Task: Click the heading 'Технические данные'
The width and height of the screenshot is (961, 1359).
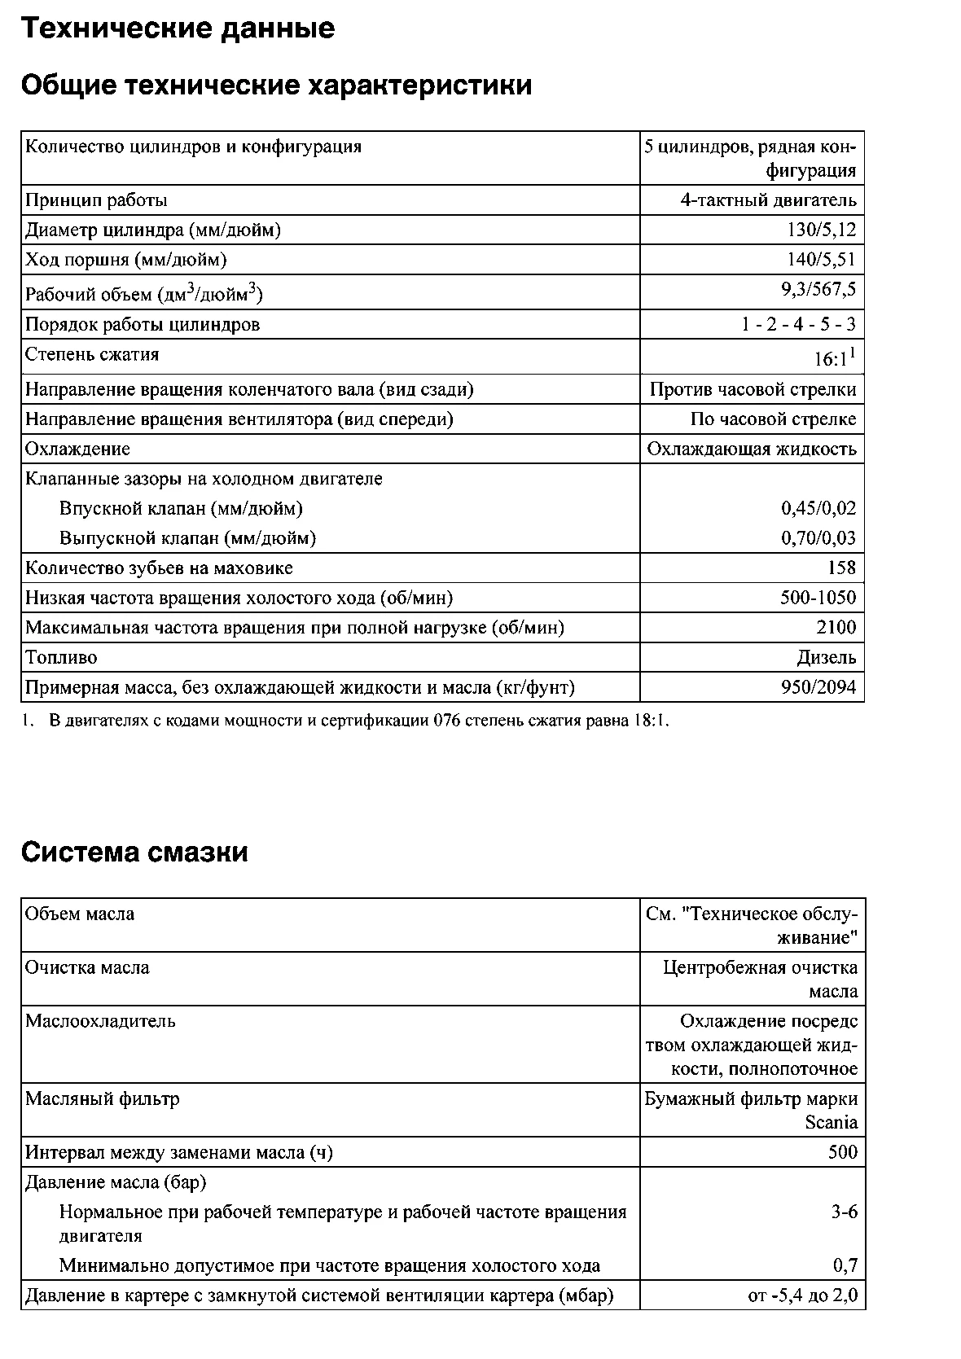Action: pyautogui.click(x=178, y=29)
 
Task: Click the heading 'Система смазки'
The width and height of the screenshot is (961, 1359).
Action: pyautogui.click(x=134, y=853)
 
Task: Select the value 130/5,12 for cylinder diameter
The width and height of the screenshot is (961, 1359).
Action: pyautogui.click(x=822, y=230)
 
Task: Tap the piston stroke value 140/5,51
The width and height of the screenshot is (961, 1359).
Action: pyautogui.click(x=822, y=260)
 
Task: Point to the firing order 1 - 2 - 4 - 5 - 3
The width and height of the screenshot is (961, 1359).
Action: pyautogui.click(x=798, y=324)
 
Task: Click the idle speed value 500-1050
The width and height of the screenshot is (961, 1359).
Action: pyautogui.click(x=818, y=598)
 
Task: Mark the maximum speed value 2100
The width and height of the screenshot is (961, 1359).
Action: pyautogui.click(x=836, y=627)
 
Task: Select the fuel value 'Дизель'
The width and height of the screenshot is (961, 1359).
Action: pyautogui.click(x=827, y=657)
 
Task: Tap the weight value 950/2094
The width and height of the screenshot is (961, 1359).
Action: pyautogui.click(x=818, y=687)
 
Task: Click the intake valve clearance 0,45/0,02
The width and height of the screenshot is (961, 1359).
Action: pyautogui.click(x=818, y=508)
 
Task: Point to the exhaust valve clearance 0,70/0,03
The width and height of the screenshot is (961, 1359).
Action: pyautogui.click(x=818, y=537)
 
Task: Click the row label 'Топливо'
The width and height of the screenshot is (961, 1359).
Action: pyautogui.click(x=61, y=657)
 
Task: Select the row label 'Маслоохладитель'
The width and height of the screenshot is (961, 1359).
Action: pyautogui.click(x=100, y=1021)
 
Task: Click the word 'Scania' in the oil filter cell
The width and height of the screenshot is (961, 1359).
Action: pyautogui.click(x=832, y=1122)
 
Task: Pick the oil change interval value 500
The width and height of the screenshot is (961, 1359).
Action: pyautogui.click(x=843, y=1152)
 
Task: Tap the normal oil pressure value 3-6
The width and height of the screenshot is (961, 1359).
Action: pyautogui.click(x=845, y=1212)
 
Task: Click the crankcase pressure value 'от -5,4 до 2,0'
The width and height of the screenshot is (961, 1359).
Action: pyautogui.click(x=802, y=1295)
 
